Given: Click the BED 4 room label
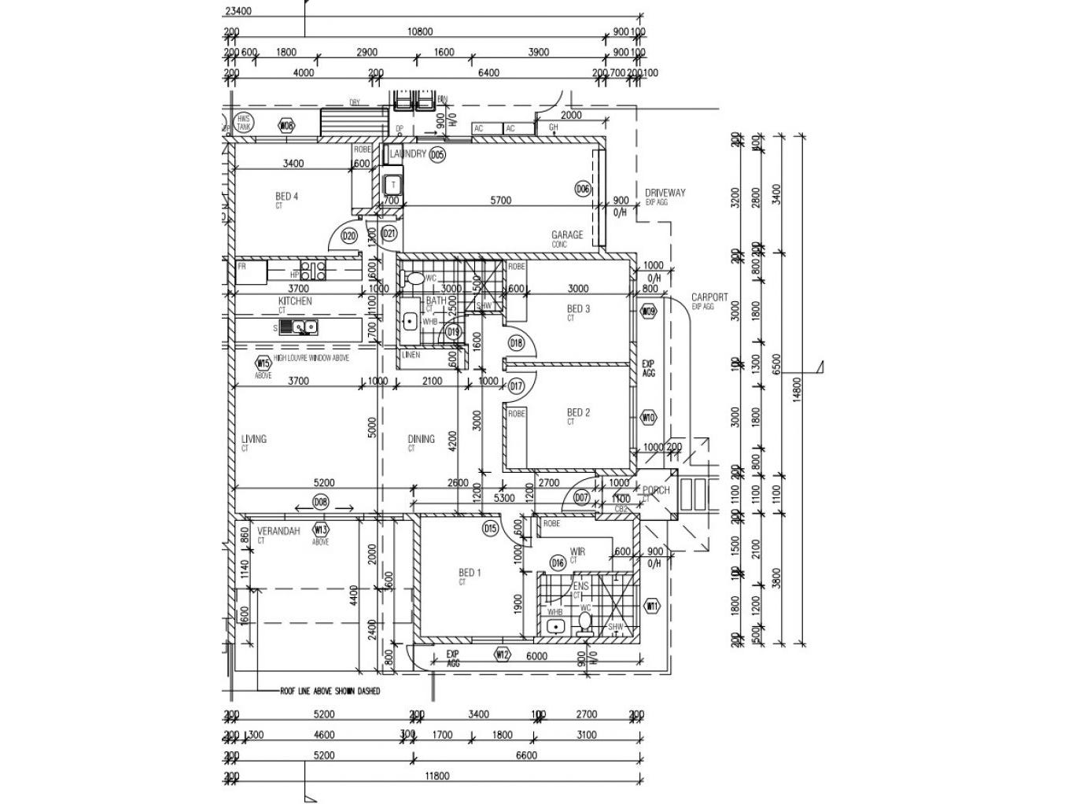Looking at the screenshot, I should coord(286,197).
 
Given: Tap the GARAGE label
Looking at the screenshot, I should coord(567,234).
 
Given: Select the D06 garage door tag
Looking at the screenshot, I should coord(582,189).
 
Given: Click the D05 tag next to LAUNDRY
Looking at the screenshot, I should coord(437,155).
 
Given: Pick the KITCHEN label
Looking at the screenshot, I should coord(295,301).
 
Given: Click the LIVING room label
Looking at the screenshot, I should coord(254,439).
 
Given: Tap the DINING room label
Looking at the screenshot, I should coord(422,439).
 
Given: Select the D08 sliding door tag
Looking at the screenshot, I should coord(320,502).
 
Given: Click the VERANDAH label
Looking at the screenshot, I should coord(278,531).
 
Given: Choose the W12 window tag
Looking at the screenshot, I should coord(503,654).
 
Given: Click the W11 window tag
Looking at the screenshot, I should coord(652,607).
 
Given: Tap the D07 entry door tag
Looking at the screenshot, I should coord(581,497).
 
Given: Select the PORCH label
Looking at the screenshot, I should coord(656,490).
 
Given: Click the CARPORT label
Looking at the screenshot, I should coord(709,297).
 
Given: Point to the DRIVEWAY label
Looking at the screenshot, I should coord(665,193).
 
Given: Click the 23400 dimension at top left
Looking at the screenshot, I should coord(238,11).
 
